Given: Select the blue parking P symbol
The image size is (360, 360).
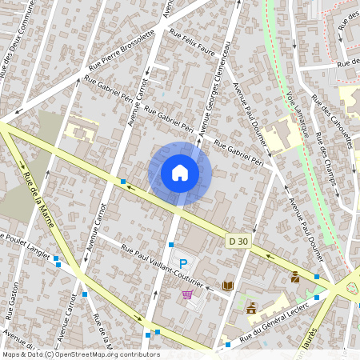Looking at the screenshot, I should click(x=183, y=263).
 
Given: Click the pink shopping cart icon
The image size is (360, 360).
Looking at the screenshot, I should click(x=187, y=294).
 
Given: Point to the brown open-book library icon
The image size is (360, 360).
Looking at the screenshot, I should click(x=228, y=286).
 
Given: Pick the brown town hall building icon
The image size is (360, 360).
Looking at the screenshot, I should click(x=251, y=307).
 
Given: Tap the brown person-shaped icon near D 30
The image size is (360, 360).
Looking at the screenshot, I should click(x=295, y=277).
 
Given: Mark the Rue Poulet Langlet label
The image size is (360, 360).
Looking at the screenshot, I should click(x=28, y=243).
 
